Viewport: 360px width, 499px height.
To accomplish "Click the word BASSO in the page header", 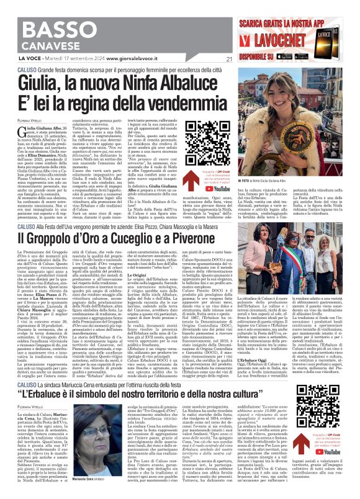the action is tap(38, 14).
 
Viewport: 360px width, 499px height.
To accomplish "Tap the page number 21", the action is tap(229, 60).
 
